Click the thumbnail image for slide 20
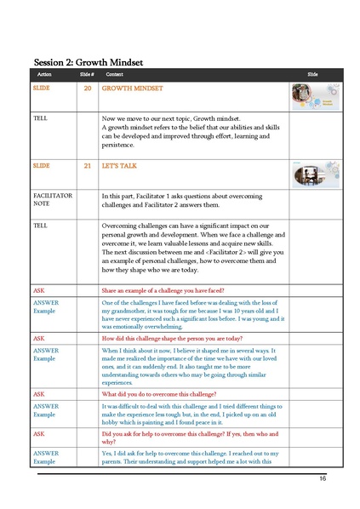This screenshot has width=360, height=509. click(311, 95)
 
